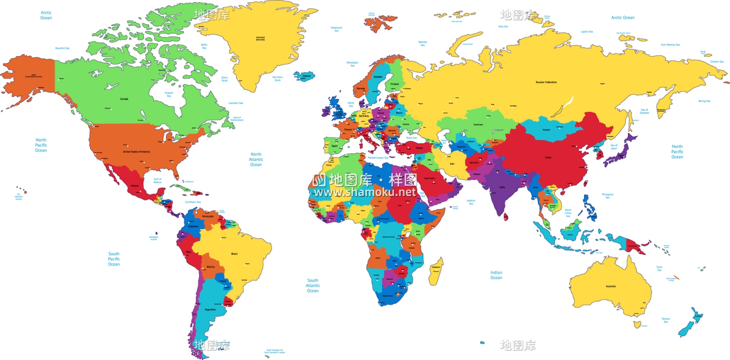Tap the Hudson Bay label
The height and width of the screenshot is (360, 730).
coord(169,94)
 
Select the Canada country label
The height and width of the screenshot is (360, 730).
coord(124,99)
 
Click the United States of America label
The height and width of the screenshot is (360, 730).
coord(136,152)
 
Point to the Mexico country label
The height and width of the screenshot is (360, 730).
coord(135,186)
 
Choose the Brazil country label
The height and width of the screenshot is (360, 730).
coord(234,253)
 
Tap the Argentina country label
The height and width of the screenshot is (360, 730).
coord(210,309)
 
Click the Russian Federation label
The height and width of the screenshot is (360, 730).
coord(546,82)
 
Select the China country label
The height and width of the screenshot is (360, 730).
coord(548,158)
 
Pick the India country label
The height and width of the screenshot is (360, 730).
coord(502,187)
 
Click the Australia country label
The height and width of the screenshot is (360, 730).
coord(610,286)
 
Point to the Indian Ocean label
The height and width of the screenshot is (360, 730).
coord(496,275)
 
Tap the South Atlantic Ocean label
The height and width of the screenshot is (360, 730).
coord(313,286)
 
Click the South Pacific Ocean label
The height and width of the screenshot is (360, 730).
coord(114,259)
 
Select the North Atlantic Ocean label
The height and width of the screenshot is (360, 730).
coord(256,160)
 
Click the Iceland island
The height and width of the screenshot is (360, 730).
coord(305,76)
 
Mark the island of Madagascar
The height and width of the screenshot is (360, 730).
coord(436,271)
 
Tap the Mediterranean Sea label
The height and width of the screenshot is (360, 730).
coord(378,158)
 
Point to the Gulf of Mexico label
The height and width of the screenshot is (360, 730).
coord(157,180)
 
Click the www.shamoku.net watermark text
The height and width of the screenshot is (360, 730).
coord(365,192)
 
